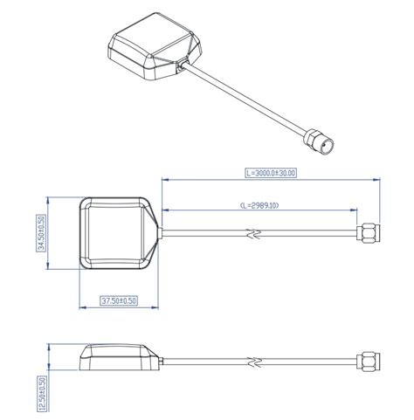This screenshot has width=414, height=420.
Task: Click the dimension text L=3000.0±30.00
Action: coord(271,173)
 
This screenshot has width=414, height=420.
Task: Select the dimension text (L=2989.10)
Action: coord(270,205)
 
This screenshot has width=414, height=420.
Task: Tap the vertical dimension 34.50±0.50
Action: coord(41,234)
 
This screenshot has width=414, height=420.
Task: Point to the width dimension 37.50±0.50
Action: coord(119,300)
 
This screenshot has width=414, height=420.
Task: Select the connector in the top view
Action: coord(369,233)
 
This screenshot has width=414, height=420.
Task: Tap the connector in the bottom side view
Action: coord(369,361)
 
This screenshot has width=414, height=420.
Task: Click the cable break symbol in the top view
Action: coord(254,233)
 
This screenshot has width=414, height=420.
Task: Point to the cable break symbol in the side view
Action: coord(254,361)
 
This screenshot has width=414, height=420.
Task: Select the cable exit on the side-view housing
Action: coord(160,361)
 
